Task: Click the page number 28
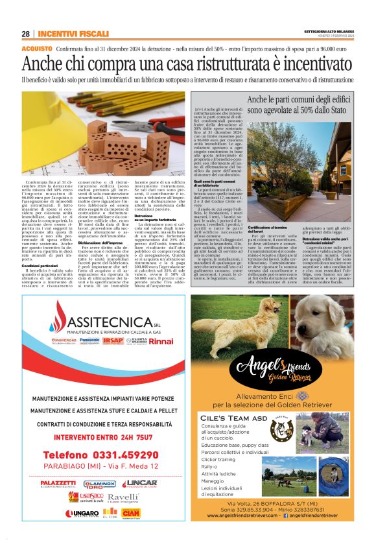tap(26, 34)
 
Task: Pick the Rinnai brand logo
tap(161, 340)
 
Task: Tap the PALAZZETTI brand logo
tap(58, 483)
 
